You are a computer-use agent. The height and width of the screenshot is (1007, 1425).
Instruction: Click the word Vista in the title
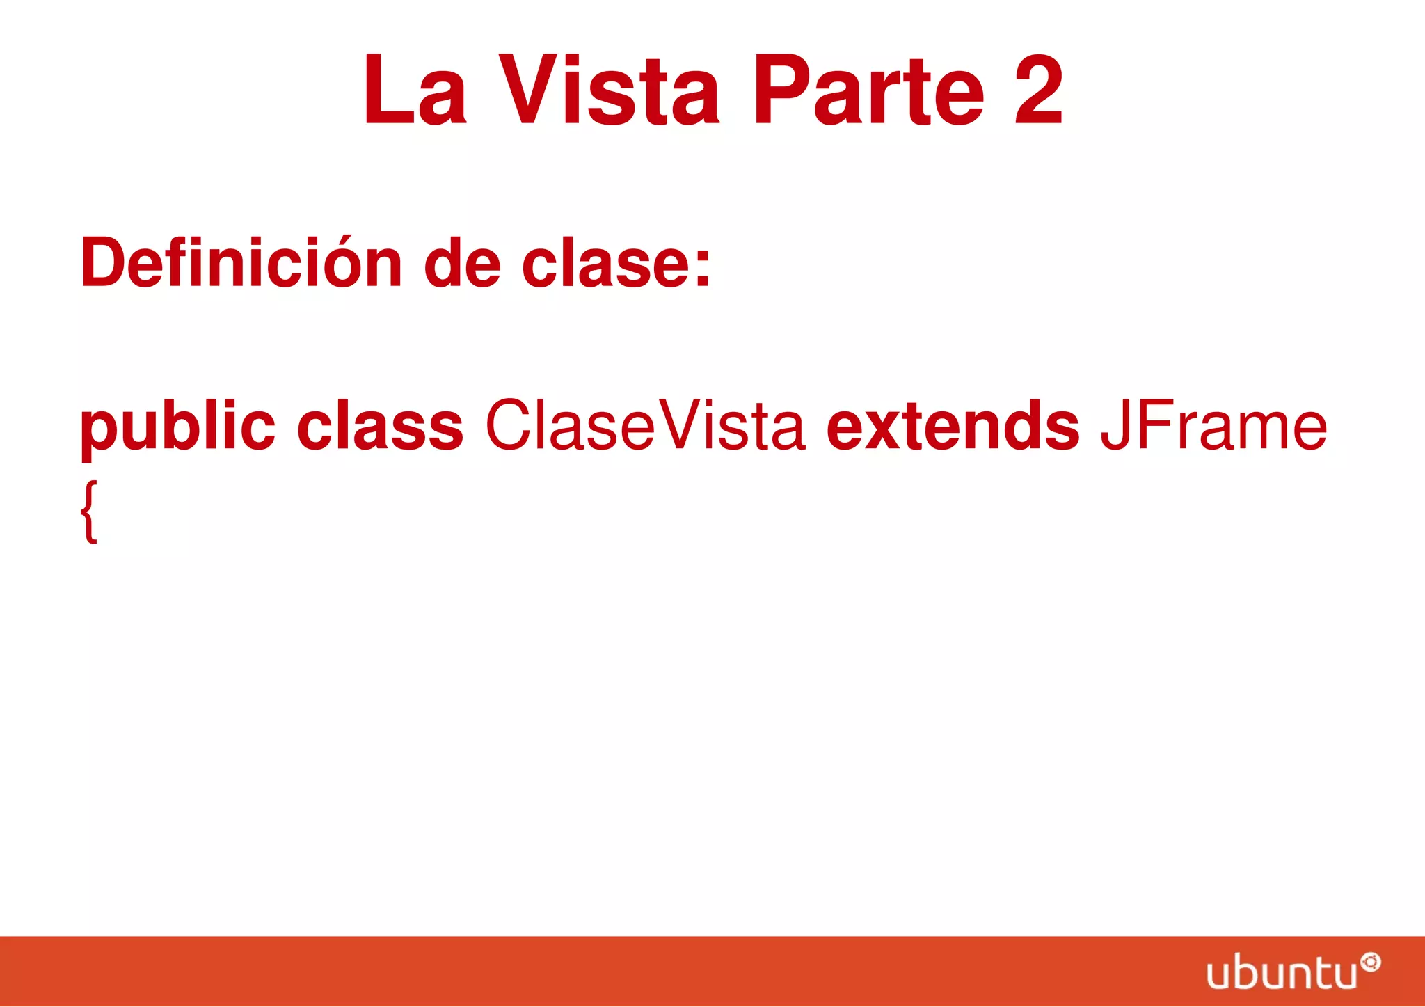coord(609,90)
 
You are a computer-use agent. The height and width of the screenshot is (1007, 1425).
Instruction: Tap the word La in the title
coord(415,90)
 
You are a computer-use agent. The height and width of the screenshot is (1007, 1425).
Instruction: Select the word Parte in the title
coord(869,90)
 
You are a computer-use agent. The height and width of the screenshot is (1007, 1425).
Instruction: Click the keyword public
coord(178,426)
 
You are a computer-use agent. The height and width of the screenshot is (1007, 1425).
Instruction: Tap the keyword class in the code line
coord(380,426)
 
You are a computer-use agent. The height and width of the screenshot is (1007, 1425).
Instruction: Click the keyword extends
coord(953,426)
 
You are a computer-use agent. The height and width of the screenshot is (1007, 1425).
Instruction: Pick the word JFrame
coord(1213,426)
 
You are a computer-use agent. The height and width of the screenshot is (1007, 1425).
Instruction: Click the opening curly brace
coord(89,512)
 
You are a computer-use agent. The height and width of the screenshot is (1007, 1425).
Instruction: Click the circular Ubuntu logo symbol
coord(1371,962)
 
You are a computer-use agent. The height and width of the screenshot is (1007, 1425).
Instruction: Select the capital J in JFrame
coord(1114,426)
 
